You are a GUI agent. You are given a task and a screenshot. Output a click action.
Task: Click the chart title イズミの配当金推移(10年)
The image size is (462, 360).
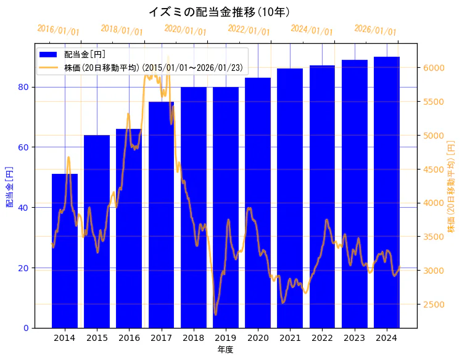(220, 12)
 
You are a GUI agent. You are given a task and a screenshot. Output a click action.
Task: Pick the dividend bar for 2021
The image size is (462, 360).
(290, 197)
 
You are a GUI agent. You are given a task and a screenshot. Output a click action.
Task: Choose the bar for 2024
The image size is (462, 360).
(387, 192)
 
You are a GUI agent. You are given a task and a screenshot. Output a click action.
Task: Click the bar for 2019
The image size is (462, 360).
(226, 207)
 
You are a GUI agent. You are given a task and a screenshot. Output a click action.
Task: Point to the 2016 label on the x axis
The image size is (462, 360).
(129, 338)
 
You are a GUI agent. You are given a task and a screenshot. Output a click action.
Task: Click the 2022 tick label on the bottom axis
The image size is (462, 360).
(322, 338)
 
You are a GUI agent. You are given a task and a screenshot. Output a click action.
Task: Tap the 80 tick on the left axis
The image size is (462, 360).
(23, 87)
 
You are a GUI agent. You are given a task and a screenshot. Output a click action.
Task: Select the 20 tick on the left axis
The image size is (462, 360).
(23, 268)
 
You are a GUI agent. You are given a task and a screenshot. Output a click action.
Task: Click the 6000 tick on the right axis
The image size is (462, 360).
(432, 68)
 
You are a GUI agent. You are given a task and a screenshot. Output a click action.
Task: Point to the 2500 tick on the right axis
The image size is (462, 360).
(432, 305)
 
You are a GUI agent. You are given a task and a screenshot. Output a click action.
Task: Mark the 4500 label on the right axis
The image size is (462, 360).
(432, 170)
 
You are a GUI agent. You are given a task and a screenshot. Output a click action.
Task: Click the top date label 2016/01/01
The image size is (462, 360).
(58, 30)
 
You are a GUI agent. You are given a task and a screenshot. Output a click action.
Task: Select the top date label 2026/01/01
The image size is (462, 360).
(375, 30)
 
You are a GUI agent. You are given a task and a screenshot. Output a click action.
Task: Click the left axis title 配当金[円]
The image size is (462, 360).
(9, 186)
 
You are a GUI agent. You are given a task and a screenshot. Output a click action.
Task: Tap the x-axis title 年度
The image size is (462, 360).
(225, 350)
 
